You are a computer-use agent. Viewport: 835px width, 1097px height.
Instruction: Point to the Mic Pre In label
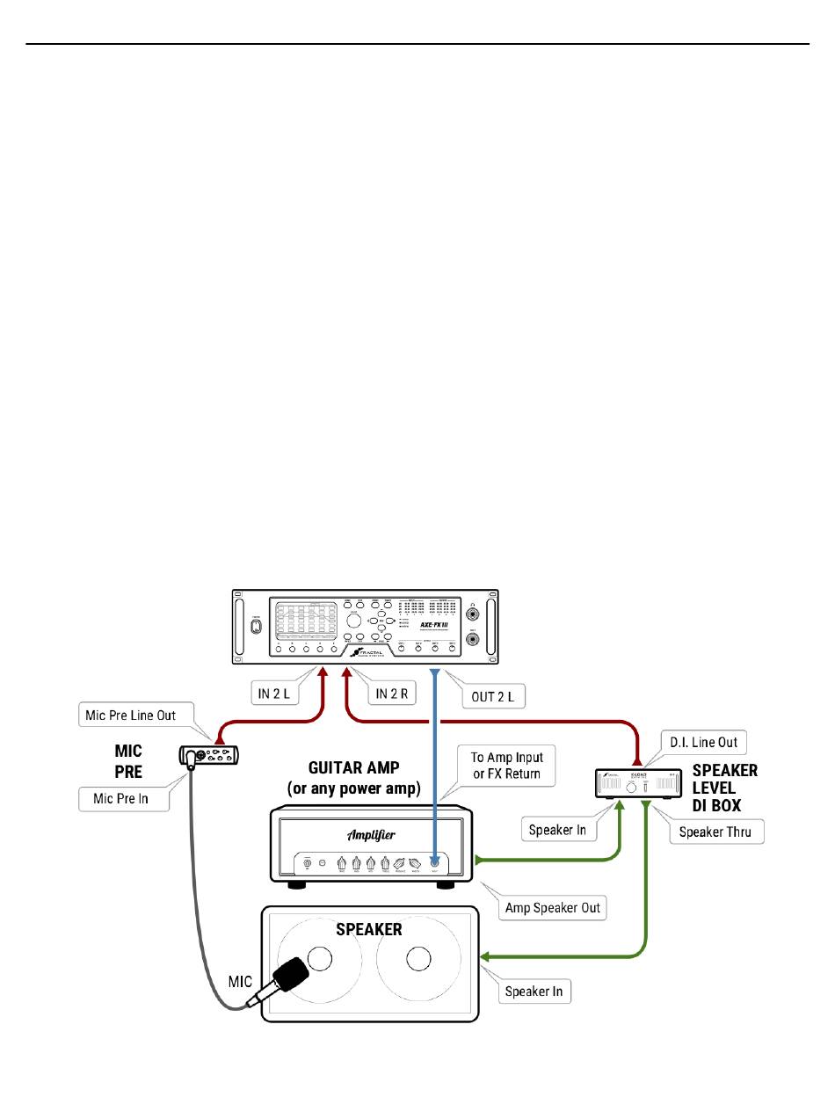[123, 798]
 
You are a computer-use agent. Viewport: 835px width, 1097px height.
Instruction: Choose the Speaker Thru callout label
[715, 832]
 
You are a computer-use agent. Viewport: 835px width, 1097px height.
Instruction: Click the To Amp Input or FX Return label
[506, 765]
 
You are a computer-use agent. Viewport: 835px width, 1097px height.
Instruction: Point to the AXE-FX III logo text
[436, 629]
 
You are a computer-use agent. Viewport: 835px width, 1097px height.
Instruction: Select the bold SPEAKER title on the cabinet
[369, 929]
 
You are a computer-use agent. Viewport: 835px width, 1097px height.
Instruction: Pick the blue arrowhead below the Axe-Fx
[434, 673]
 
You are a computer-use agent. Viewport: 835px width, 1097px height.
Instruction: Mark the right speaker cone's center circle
[417, 960]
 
